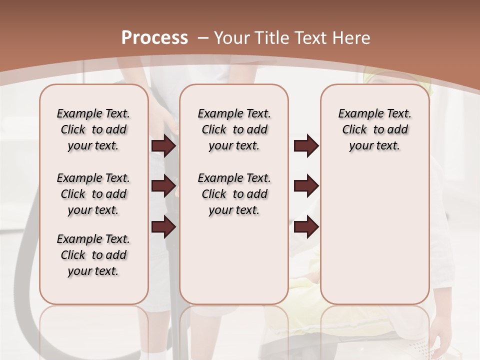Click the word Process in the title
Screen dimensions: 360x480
(x=154, y=37)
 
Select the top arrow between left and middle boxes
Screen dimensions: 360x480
(x=163, y=146)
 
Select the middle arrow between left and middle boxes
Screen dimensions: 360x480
(x=163, y=186)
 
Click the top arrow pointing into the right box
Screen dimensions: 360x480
(x=306, y=146)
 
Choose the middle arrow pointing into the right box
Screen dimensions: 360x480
(x=306, y=186)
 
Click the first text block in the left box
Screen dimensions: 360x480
(x=93, y=129)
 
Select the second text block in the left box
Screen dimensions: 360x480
(x=93, y=194)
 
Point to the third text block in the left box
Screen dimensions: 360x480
(x=93, y=255)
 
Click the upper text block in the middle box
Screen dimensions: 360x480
(x=234, y=129)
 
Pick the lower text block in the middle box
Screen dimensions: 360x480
(x=234, y=194)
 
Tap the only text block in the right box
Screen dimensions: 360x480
(x=374, y=129)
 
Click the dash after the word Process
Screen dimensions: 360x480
(x=203, y=38)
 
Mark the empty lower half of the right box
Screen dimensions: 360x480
(x=374, y=240)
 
